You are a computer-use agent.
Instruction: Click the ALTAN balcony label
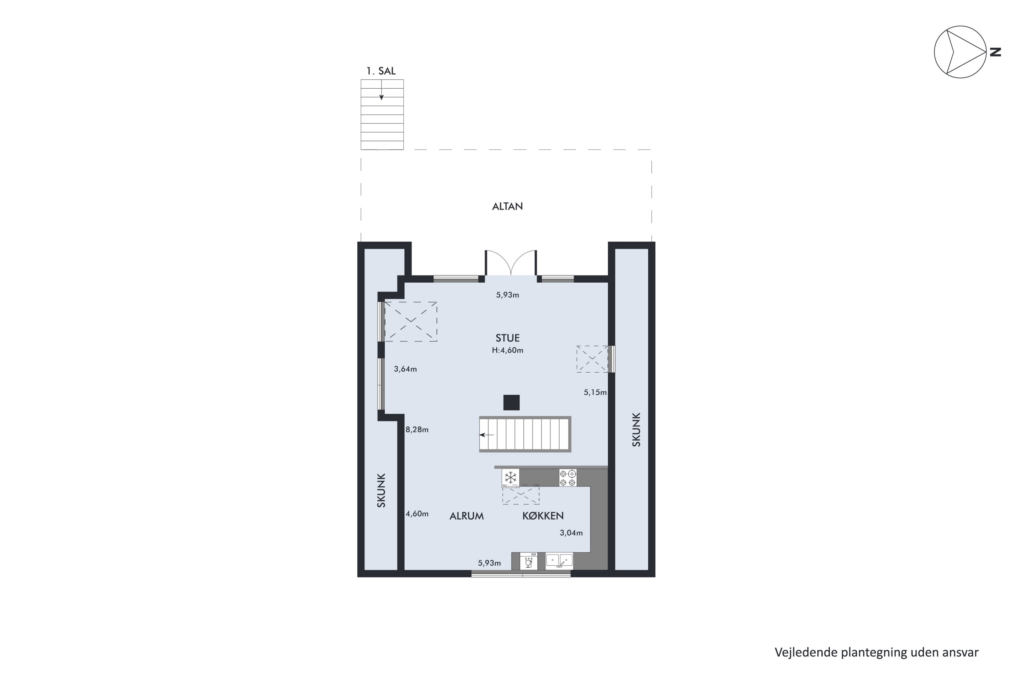pyautogui.click(x=507, y=206)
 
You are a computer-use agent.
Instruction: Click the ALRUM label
pyautogui.click(x=466, y=516)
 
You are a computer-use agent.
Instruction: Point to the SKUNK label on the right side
pyautogui.click(x=636, y=430)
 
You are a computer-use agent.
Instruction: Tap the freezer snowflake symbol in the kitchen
pyautogui.click(x=511, y=478)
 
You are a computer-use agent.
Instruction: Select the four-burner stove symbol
pyautogui.click(x=567, y=478)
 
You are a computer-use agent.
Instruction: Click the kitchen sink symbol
pyautogui.click(x=559, y=561)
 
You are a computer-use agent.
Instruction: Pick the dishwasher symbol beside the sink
pyautogui.click(x=528, y=561)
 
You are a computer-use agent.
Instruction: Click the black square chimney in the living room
pyautogui.click(x=511, y=402)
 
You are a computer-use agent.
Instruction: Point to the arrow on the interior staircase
pyautogui.click(x=487, y=435)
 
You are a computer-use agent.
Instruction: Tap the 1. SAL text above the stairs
pyautogui.click(x=381, y=71)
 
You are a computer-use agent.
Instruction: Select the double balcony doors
pyautogui.click(x=511, y=263)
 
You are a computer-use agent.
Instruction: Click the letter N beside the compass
pyautogui.click(x=995, y=52)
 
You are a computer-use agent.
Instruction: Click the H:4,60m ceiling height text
pyautogui.click(x=507, y=350)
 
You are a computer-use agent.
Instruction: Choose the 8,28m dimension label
pyautogui.click(x=417, y=430)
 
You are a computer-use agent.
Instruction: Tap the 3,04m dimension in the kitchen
pyautogui.click(x=571, y=533)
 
